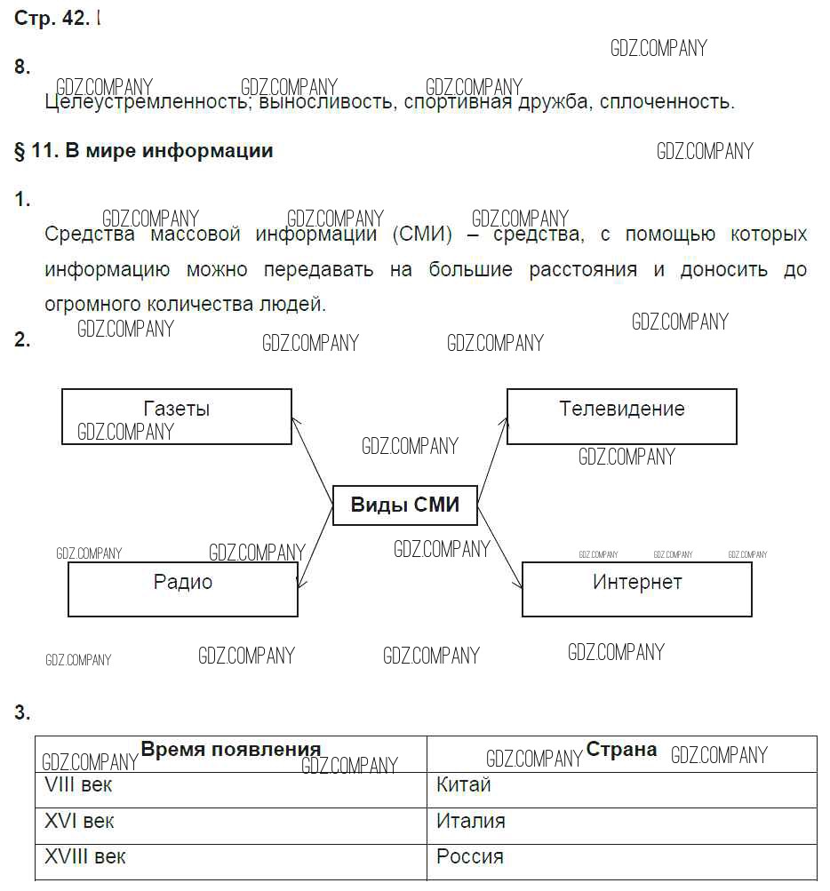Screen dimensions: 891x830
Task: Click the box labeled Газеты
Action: coord(176,416)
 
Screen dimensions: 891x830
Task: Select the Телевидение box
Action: coord(621,416)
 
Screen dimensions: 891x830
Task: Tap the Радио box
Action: coord(182,589)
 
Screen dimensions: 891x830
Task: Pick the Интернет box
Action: coord(636,589)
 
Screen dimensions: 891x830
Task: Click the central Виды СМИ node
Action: coord(405,505)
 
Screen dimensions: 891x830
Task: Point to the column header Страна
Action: coord(621,750)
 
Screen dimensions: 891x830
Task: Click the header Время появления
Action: coord(231,749)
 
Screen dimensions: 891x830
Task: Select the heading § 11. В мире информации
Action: coord(144,151)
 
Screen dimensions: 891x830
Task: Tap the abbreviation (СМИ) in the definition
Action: coord(421,235)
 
